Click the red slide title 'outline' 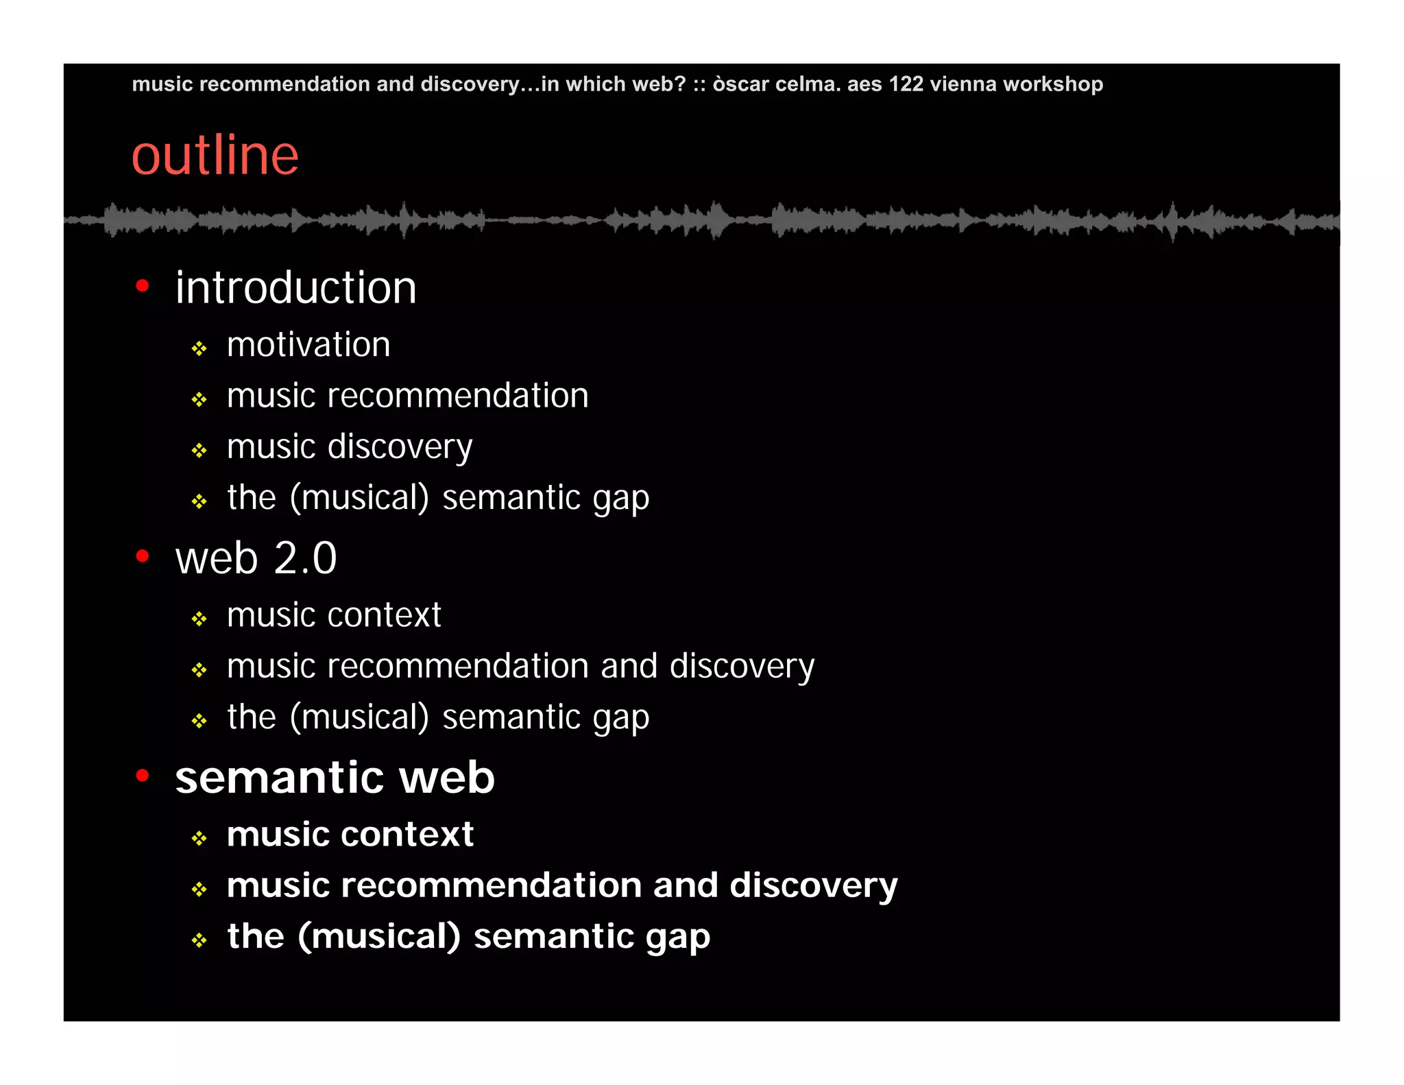point(215,156)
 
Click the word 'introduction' point(295,287)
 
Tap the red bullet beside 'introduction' point(143,285)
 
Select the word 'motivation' point(308,344)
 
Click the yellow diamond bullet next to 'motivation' point(199,349)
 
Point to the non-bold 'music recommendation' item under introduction point(407,396)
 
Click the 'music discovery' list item point(350,447)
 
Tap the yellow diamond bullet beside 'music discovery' point(199,451)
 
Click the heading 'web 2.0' point(256,558)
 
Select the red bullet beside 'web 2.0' point(143,556)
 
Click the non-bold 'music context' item point(334,615)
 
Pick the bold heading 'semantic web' point(335,778)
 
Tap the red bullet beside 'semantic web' point(143,776)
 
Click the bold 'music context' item point(350,835)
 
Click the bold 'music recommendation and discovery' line point(562,885)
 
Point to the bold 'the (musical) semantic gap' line point(468,936)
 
